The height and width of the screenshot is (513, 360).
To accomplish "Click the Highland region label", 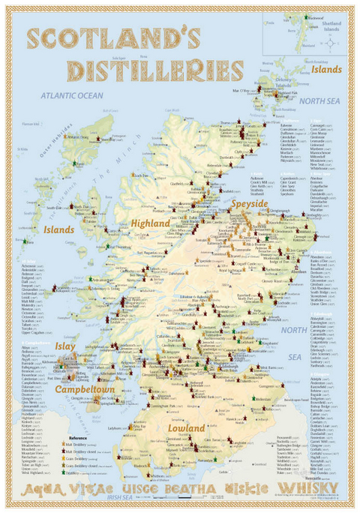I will point(151,223).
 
